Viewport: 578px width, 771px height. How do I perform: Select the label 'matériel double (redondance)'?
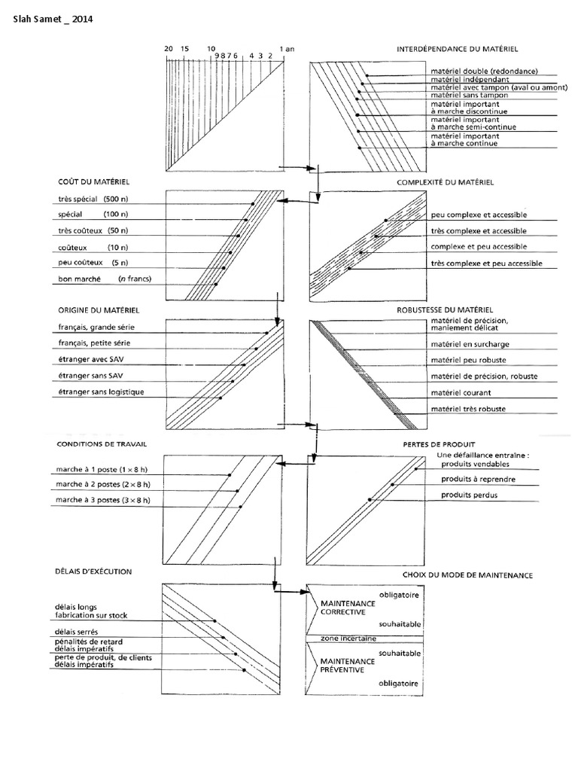[473, 71]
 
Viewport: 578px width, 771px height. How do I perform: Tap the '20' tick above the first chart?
[169, 47]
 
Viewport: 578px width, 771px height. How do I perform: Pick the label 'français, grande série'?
[100, 328]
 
